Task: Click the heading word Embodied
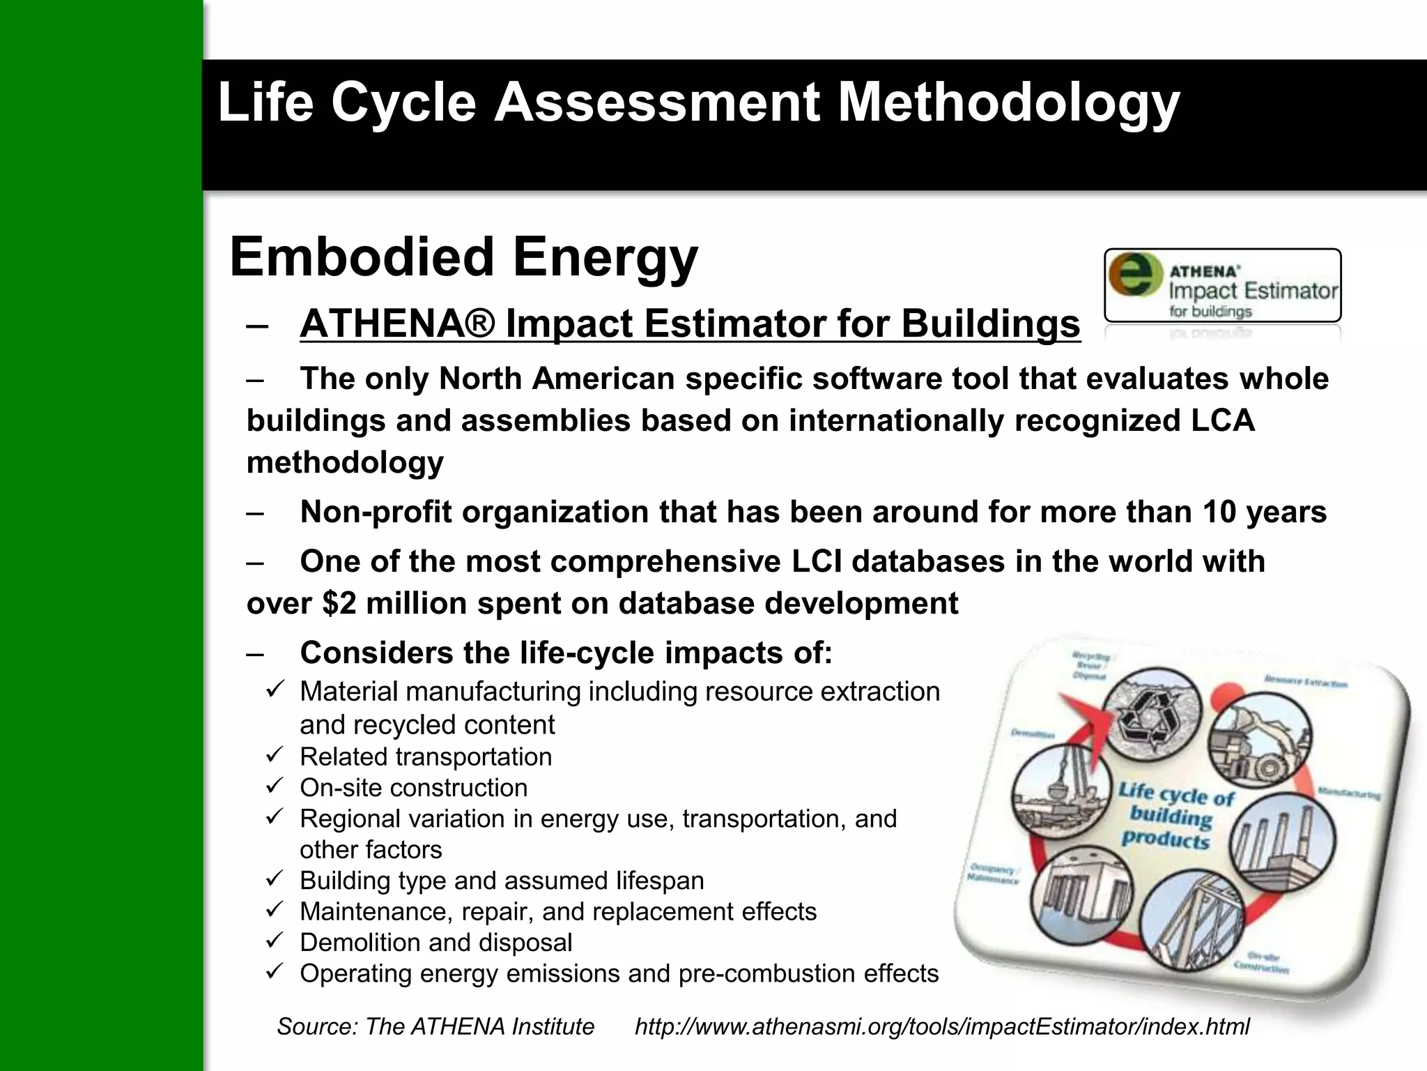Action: click(x=362, y=257)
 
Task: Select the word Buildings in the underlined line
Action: click(x=990, y=324)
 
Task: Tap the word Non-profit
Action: click(x=376, y=512)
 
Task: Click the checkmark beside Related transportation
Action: click(x=274, y=754)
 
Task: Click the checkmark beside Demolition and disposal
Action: click(x=274, y=941)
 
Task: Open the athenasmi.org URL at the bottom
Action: click(x=942, y=1026)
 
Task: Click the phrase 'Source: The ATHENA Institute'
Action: click(x=435, y=1026)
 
